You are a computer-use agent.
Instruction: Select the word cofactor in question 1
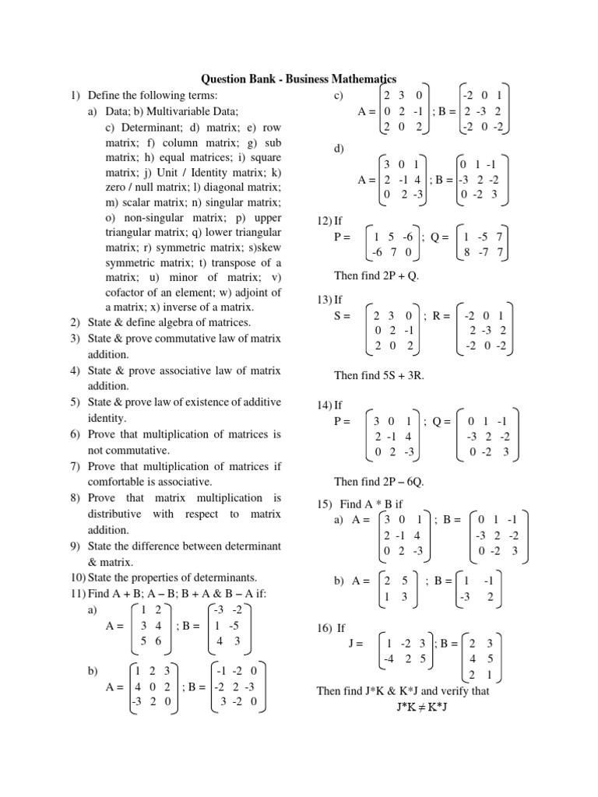coord(127,293)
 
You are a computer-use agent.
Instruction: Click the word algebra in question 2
coord(181,322)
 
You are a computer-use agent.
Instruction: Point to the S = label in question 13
coord(343,315)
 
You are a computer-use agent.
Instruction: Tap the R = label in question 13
coord(441,315)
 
